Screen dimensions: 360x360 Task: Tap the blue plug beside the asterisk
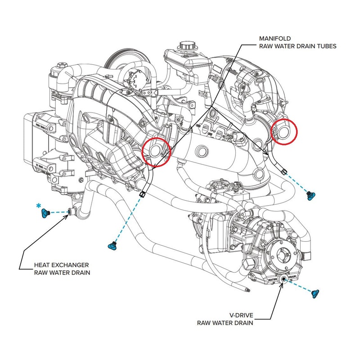45,212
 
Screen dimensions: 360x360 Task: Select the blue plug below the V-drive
315,293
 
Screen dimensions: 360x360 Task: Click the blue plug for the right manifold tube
310,194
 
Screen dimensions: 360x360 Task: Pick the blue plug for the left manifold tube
112,245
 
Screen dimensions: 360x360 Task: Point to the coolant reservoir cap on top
185,45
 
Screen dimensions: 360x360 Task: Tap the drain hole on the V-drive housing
284,279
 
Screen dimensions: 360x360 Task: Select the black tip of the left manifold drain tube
143,194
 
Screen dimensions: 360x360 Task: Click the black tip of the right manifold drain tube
283,171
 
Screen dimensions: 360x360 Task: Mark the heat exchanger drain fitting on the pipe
70,211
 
